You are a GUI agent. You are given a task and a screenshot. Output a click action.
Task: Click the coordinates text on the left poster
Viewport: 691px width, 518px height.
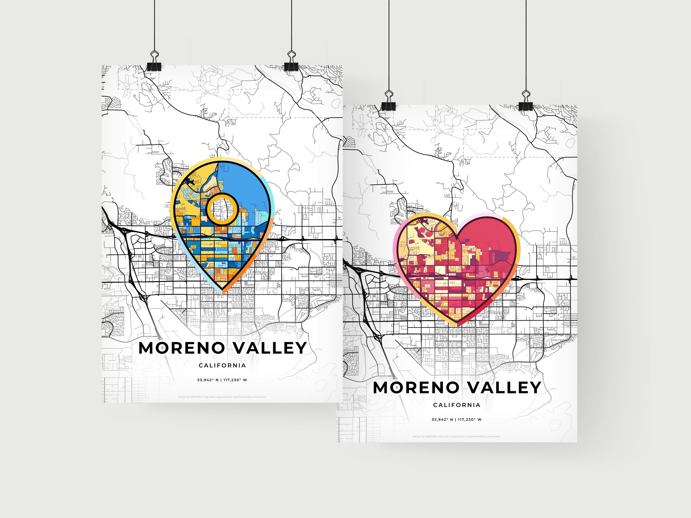[x=222, y=380]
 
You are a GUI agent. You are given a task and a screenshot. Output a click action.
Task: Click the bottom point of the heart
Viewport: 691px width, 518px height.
[x=457, y=325]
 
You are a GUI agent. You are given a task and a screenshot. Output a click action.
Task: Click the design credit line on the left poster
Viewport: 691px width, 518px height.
[x=222, y=397]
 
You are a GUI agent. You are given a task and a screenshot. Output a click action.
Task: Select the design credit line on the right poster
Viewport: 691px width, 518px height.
[x=456, y=437]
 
